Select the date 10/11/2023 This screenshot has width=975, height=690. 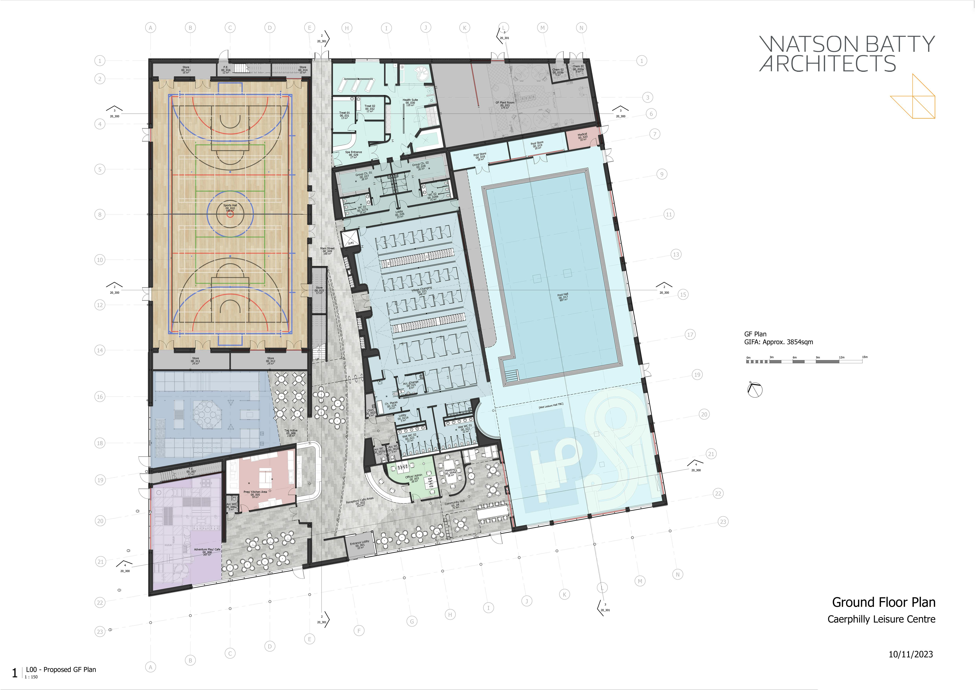tap(911, 654)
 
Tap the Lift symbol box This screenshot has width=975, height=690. tap(350, 239)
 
